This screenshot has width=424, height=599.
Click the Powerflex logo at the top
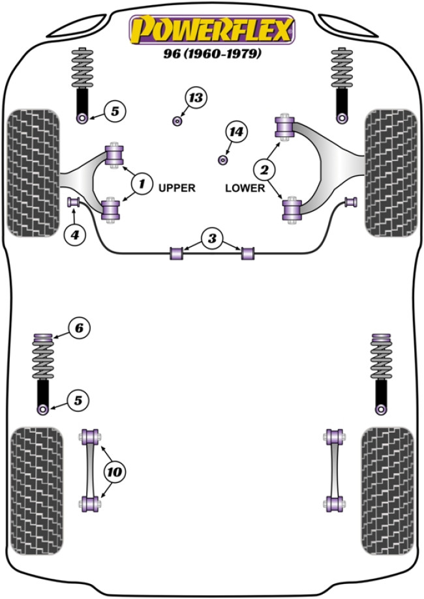tap(212, 30)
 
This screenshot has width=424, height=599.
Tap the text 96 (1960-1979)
tap(212, 55)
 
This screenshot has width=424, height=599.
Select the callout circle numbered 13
tap(194, 98)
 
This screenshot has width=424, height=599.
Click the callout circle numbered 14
tap(236, 132)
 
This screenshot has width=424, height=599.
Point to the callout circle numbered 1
tap(140, 184)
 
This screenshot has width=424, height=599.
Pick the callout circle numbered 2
tap(265, 171)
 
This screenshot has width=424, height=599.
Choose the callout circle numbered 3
tap(211, 239)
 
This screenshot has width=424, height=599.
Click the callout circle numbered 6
tap(78, 329)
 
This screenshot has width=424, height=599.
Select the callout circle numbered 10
tap(118, 469)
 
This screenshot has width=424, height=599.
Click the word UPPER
tap(177, 188)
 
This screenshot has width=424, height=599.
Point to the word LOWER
tap(245, 188)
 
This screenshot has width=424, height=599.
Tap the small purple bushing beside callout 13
tap(177, 121)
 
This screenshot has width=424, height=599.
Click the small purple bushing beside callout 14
tap(222, 159)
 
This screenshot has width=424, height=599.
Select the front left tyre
tap(31, 173)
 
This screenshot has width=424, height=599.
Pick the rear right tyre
tap(387, 491)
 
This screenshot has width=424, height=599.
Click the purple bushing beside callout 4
tap(74, 200)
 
